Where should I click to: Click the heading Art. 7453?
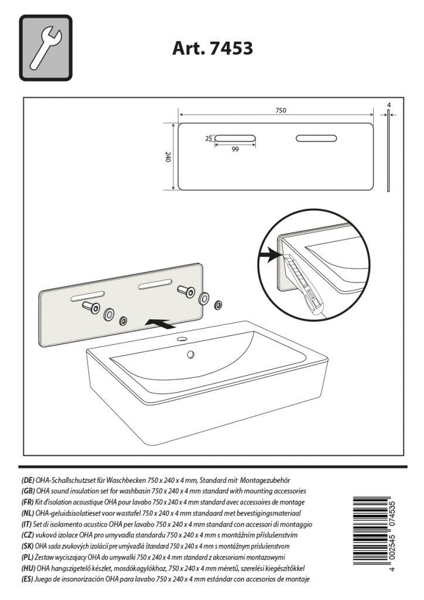click(213, 48)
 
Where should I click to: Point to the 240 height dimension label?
click(168, 157)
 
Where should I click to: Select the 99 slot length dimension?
click(235, 149)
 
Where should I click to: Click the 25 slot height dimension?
click(208, 138)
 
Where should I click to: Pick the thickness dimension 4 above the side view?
click(389, 105)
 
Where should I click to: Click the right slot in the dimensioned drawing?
click(316, 138)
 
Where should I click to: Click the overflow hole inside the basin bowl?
click(190, 354)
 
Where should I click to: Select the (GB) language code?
click(27, 490)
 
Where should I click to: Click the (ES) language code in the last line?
click(27, 579)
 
